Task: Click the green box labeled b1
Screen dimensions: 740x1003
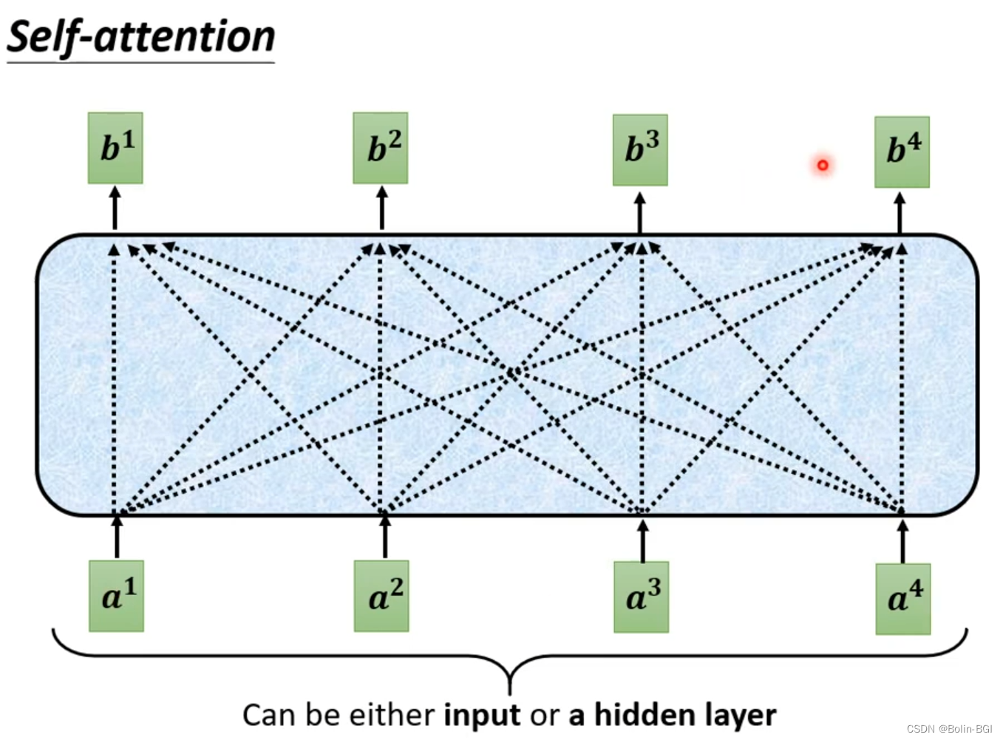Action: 115,148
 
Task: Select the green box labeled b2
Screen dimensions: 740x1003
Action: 381,148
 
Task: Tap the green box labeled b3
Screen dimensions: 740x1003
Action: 640,150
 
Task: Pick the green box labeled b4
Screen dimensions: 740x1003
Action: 902,152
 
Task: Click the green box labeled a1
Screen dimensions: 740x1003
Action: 116,596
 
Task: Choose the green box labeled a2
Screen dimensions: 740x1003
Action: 381,596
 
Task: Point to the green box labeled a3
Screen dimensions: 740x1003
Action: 641,597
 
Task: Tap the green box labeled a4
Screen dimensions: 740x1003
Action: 902,599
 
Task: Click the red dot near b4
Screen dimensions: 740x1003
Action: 823,165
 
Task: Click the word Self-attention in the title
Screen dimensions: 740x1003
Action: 140,37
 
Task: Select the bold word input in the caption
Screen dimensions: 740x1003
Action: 482,715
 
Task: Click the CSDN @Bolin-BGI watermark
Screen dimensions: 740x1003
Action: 949,729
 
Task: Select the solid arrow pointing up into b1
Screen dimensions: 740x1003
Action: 115,208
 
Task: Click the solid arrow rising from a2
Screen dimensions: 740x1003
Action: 384,537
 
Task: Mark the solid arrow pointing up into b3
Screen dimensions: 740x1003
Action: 640,213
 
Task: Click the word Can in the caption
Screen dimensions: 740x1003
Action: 270,715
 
